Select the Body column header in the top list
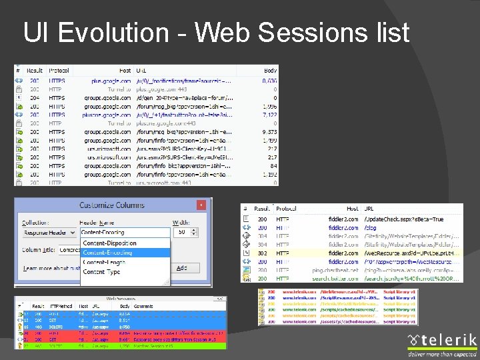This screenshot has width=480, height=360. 270,70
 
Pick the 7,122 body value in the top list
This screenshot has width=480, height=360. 269,115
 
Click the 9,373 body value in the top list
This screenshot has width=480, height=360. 269,132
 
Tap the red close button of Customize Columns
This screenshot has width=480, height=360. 201,205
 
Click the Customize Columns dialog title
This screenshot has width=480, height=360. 111,205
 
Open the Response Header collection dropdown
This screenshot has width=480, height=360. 49,233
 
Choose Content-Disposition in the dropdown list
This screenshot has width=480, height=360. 109,243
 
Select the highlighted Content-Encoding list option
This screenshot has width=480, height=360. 107,253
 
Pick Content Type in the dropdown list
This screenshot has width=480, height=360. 101,272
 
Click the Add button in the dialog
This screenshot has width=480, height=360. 181,268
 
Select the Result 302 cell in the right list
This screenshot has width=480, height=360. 262,253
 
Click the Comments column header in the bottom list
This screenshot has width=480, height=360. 142,305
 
